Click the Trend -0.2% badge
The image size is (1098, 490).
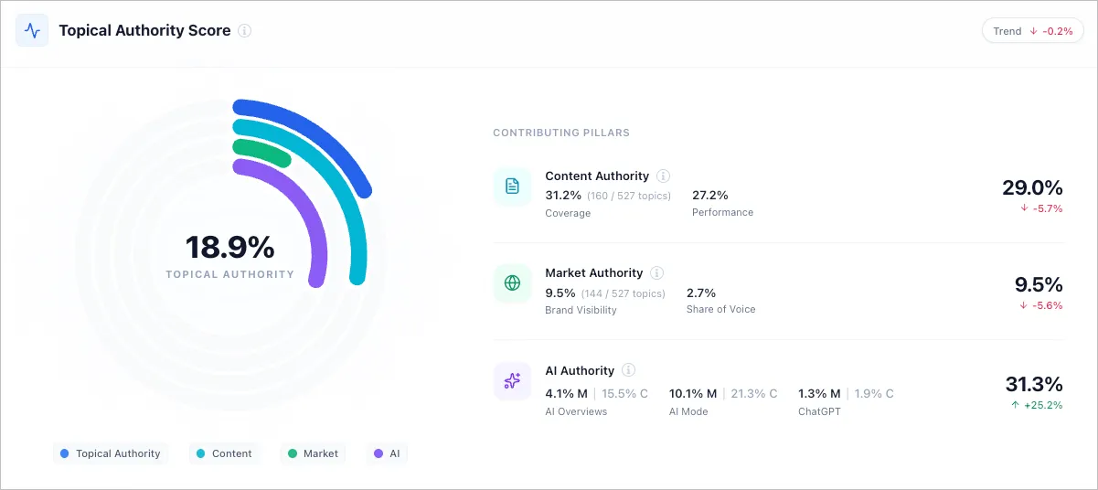coord(1032,31)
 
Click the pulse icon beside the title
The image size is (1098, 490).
coord(32,30)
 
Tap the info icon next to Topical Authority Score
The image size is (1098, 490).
coord(244,30)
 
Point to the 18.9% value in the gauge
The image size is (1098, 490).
coord(229,248)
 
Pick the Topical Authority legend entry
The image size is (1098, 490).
coord(110,453)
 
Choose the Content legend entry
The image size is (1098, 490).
coord(224,453)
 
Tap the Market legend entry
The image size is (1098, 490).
coord(313,453)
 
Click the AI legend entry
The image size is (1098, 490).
coord(387,453)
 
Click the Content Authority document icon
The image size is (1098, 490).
coord(512,186)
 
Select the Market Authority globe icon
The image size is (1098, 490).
coord(512,283)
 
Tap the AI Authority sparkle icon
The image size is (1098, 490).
coord(512,381)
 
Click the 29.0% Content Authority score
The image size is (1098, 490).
coord(1032,188)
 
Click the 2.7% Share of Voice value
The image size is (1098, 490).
coord(701,293)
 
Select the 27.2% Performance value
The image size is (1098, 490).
coord(710,196)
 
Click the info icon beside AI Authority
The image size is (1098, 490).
coord(628,370)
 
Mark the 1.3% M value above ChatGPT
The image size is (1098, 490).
coord(818,394)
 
